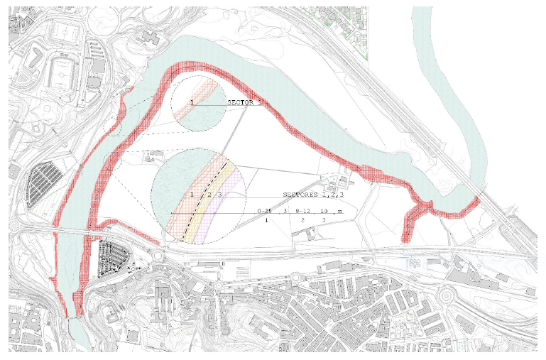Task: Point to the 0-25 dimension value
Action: [265, 211]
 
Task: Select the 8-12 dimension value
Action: [302, 211]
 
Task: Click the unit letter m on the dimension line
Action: [339, 211]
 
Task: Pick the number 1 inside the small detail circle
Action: [192, 102]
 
